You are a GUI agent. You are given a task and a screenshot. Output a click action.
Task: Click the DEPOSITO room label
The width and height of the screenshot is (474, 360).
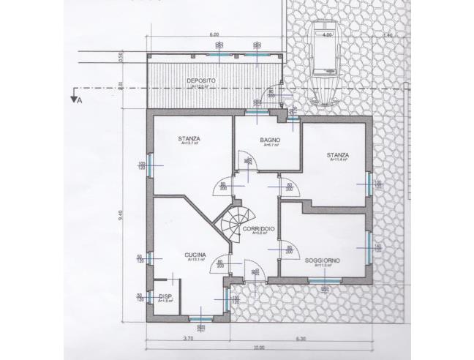pyautogui.click(x=200, y=80)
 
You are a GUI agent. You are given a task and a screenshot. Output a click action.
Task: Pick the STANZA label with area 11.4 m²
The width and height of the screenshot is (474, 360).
pyautogui.click(x=338, y=155)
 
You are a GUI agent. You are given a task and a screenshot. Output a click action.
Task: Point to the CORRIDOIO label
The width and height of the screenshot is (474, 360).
pyautogui.click(x=258, y=229)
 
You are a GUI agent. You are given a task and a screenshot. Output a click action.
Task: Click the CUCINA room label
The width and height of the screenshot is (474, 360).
pyautogui.click(x=195, y=255)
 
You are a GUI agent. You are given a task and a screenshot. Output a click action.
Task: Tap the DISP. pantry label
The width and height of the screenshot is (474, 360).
pyautogui.click(x=165, y=297)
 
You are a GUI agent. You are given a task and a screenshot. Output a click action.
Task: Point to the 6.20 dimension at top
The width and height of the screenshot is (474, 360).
pyautogui.click(x=214, y=34)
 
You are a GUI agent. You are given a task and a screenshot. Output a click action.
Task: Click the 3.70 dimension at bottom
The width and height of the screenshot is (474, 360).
pyautogui.click(x=188, y=338)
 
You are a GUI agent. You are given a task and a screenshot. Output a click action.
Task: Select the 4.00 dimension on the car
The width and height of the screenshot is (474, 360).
pyautogui.click(x=328, y=34)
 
